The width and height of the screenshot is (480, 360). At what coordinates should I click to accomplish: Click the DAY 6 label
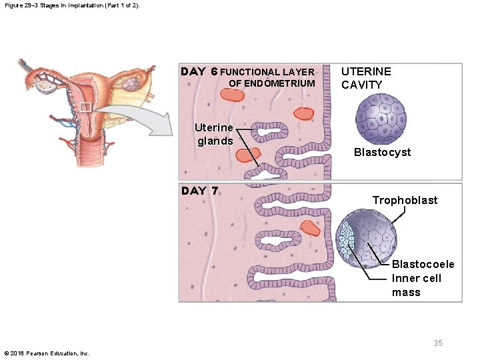point(200,71)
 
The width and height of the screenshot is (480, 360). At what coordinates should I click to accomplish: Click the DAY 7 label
point(200,191)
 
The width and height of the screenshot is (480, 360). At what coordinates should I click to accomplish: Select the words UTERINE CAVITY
point(366,78)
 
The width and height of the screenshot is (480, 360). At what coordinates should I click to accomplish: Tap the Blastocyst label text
point(382,152)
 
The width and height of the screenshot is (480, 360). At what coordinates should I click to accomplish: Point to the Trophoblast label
point(405,200)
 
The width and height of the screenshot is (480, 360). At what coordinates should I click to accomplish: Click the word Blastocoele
point(423,264)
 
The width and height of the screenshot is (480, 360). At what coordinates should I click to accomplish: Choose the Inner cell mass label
point(416,285)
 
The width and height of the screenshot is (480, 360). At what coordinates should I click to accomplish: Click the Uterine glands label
point(214,134)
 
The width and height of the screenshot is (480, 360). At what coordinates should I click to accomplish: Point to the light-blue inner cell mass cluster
point(345,240)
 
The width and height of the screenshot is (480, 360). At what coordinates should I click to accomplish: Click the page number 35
point(437,343)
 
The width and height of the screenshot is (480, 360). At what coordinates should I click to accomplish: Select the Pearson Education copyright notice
point(47,353)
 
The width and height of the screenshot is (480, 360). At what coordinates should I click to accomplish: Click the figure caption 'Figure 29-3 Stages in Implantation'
point(75,5)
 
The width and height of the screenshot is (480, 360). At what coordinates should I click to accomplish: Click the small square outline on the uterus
point(85,107)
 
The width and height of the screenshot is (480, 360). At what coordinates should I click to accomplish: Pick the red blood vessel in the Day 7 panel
point(311,228)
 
